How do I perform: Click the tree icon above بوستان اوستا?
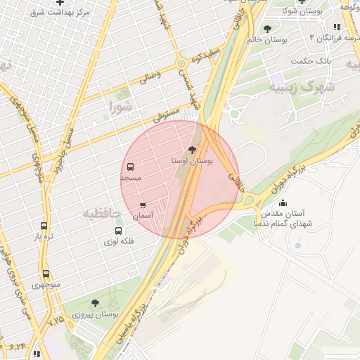(x=193, y=150)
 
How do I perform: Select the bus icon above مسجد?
(x=131, y=167)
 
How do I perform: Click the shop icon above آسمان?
(x=143, y=205)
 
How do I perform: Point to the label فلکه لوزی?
(x=119, y=241)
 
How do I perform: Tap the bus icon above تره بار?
(x=44, y=226)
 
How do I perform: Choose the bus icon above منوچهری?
(x=46, y=274)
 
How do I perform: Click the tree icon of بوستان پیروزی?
(x=95, y=303)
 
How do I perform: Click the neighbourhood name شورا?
(x=120, y=107)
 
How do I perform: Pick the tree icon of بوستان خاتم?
(x=266, y=29)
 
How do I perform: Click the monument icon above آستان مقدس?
(x=283, y=205)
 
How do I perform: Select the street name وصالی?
(x=152, y=77)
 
